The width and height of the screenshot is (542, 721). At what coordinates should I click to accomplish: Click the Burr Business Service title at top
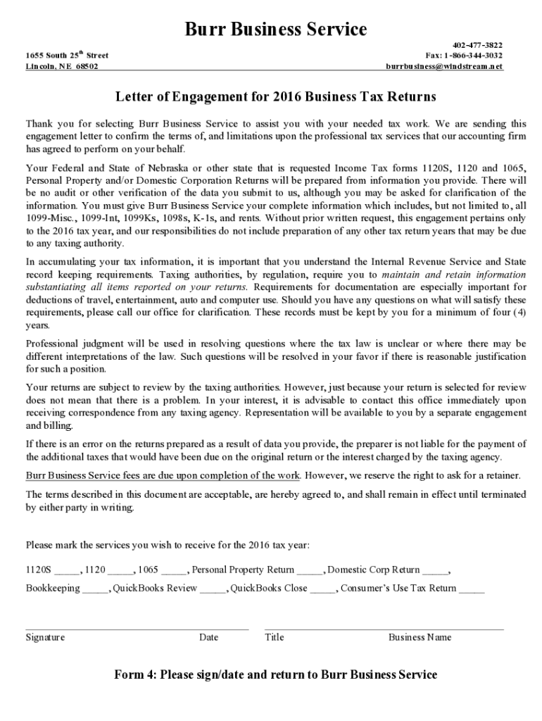point(275,30)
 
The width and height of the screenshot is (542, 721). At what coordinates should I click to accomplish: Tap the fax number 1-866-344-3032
point(464,55)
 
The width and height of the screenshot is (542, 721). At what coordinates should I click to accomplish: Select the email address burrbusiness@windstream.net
point(444,66)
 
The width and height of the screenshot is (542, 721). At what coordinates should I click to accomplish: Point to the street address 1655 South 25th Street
point(67,55)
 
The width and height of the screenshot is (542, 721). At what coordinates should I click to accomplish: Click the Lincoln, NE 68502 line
point(62,66)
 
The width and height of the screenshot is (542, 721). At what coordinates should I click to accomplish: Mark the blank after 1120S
point(67,572)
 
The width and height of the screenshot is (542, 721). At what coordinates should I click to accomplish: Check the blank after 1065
point(174,572)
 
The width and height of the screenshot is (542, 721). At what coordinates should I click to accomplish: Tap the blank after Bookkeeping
point(95,590)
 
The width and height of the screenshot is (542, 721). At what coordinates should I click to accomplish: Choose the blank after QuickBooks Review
point(213,590)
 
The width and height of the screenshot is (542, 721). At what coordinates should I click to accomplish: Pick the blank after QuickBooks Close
point(323,590)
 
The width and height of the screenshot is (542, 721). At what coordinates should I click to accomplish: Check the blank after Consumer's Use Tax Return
point(472,590)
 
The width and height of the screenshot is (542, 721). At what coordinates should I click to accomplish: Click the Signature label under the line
point(45,637)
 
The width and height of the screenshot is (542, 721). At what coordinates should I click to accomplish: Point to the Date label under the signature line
point(208,637)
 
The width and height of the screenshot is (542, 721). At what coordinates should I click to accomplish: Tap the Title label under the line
point(274,637)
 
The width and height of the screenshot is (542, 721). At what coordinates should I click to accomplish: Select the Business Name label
point(420,637)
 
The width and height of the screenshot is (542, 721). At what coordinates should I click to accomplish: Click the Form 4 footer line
point(275,675)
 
